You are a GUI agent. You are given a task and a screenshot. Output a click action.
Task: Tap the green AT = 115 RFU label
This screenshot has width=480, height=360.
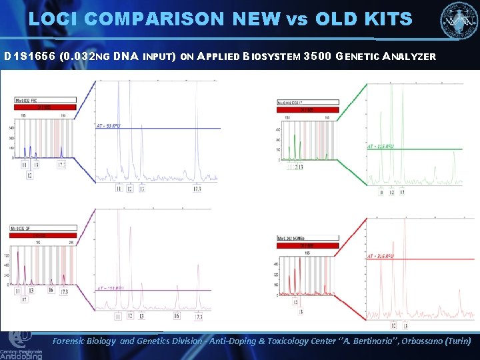pos(380,146)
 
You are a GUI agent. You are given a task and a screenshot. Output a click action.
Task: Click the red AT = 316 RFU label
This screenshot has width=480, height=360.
pos(380,256)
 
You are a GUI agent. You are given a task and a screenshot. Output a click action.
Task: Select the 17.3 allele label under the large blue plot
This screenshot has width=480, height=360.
pos(197,189)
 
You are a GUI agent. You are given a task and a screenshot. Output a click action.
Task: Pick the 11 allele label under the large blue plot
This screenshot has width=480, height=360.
pos(119,189)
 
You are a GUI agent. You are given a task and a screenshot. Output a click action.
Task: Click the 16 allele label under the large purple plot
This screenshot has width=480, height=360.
pos(177,315)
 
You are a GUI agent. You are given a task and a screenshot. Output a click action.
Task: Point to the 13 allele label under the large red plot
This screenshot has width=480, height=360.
pos(405,326)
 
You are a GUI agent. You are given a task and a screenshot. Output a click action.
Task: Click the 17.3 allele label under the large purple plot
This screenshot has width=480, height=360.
pos(198,316)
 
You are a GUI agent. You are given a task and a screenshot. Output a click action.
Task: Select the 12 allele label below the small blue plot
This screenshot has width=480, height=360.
pos(29,175)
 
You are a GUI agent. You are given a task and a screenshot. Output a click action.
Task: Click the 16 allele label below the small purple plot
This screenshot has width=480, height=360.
pos(51,291)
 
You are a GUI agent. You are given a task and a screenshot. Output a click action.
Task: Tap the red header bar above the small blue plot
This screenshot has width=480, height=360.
pos(45,107)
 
